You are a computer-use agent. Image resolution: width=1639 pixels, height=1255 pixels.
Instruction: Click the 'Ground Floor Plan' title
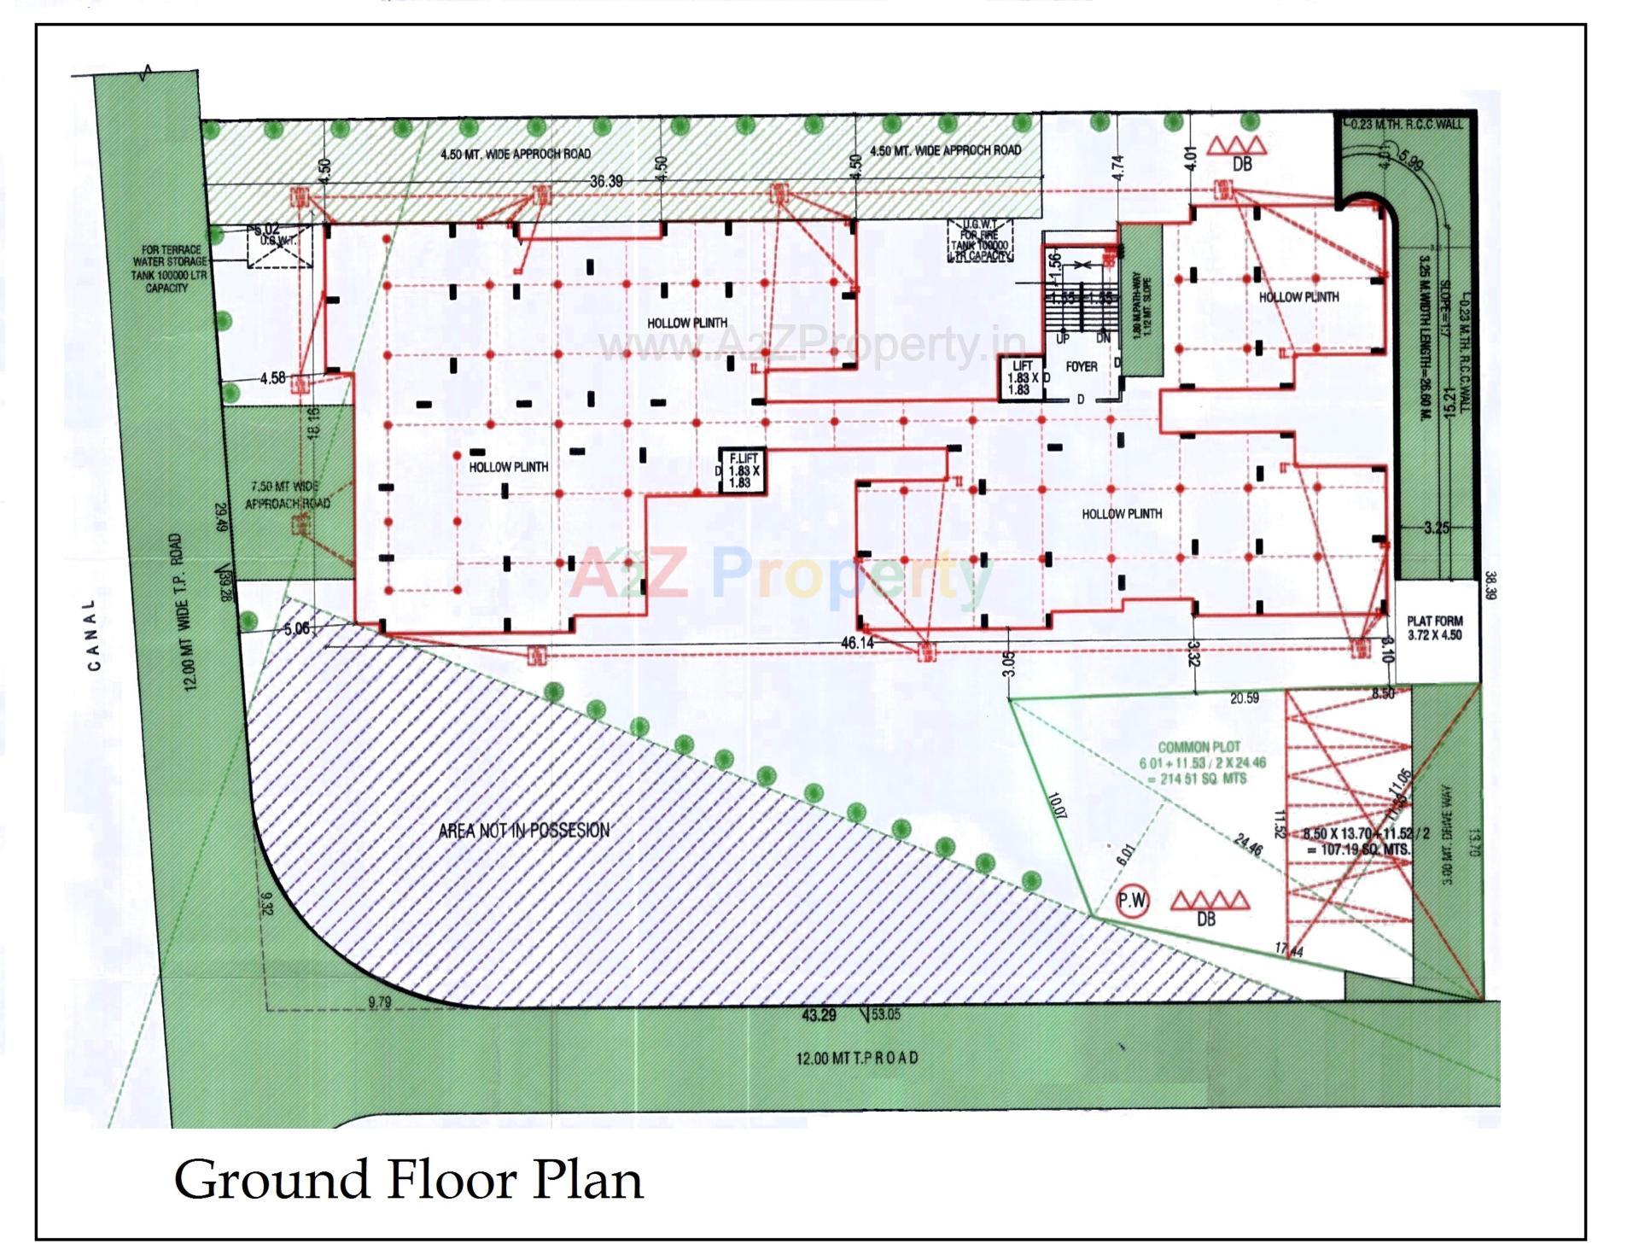pos(408,1180)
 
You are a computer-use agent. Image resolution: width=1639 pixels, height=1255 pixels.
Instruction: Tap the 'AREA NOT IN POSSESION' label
pos(523,830)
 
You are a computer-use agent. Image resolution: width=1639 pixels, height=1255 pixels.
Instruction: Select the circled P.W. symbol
pos(1133,901)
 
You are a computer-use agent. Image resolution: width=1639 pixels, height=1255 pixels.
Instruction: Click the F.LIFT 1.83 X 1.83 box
pos(741,470)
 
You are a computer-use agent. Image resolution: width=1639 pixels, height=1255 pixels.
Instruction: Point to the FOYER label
pos(1081,366)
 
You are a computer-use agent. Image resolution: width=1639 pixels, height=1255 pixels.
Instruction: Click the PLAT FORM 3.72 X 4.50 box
pos(1435,628)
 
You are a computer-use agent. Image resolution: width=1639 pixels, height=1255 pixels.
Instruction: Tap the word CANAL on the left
pos(93,634)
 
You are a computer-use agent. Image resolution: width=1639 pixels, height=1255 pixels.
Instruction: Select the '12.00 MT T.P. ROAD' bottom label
pos(857,1058)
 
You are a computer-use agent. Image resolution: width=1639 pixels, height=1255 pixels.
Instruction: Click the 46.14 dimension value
pos(857,642)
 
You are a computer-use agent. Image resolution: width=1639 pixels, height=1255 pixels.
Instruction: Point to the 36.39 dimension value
pos(606,182)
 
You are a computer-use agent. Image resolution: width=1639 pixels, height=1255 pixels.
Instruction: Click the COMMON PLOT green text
pos(1199,746)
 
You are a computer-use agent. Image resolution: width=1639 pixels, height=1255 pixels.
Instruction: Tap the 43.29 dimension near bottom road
pos(819,1015)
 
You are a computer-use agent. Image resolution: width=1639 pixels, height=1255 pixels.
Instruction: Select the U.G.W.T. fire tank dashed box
pos(980,240)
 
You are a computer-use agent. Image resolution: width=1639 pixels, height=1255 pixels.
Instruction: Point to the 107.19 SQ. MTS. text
pos(1358,850)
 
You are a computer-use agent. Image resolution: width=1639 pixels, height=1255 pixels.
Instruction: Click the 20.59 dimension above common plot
pos(1244,698)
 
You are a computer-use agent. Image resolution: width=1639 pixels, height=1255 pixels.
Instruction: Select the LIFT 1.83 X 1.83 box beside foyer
pos(1022,377)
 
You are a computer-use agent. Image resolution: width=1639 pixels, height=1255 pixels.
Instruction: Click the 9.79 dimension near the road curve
pos(379,1002)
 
